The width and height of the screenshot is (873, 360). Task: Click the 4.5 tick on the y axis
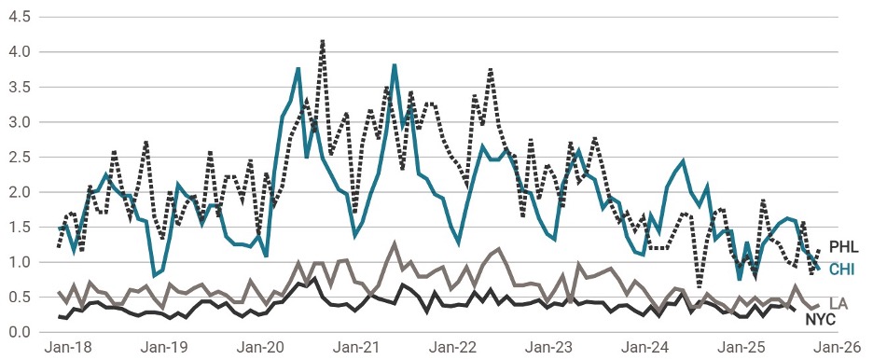pyautogui.click(x=20, y=18)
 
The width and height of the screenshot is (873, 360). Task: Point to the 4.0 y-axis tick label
pyautogui.click(x=20, y=52)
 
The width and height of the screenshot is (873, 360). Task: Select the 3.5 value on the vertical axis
pyautogui.click(x=20, y=88)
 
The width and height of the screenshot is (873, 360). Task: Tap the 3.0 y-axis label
pyautogui.click(x=20, y=122)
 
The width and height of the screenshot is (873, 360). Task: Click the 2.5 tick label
pyautogui.click(x=20, y=158)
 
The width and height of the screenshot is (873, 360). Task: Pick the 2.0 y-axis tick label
pyautogui.click(x=20, y=192)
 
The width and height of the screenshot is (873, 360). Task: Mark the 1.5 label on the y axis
pyautogui.click(x=20, y=228)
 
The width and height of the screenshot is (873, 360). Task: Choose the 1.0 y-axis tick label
pyautogui.click(x=20, y=262)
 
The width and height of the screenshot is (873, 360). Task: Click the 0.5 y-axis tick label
pyautogui.click(x=20, y=298)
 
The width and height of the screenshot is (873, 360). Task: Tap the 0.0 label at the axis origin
pyautogui.click(x=20, y=332)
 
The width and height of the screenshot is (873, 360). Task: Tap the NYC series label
pyautogui.click(x=822, y=320)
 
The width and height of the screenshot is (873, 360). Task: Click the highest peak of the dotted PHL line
pyautogui.click(x=322, y=41)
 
